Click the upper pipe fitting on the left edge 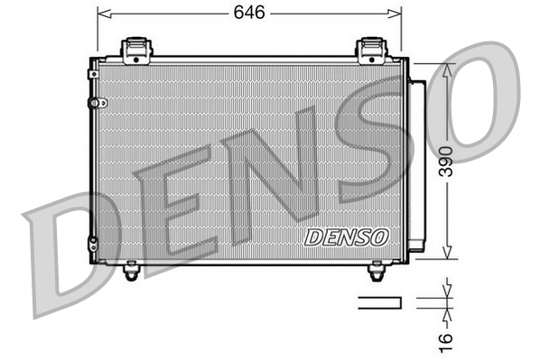pos(92,103)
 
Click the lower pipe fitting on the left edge pos(92,241)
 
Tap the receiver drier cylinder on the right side pos(418,162)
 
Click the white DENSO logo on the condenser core pos(346,236)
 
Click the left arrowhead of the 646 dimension pos(102,14)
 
